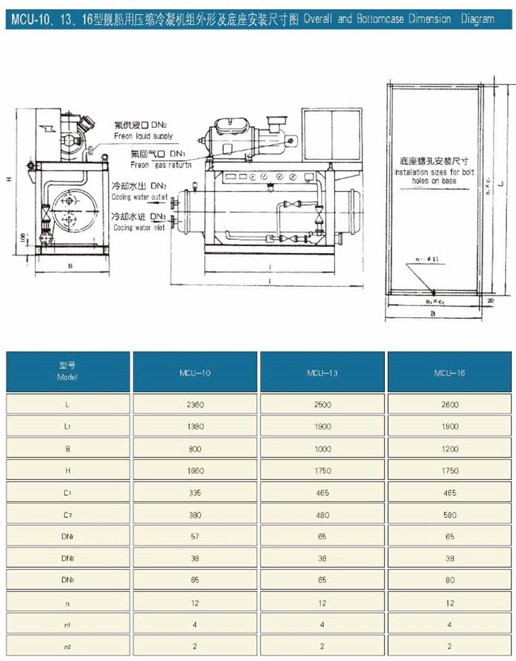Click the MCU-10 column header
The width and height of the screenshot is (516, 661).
tap(195, 373)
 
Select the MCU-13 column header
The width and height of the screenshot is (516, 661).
tap(323, 373)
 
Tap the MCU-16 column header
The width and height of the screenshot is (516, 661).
tap(450, 373)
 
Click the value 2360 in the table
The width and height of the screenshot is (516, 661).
tap(195, 404)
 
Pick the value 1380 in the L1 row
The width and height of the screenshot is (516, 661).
tap(195, 427)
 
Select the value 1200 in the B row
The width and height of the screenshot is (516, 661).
tap(450, 448)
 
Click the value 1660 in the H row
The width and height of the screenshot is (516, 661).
tap(195, 471)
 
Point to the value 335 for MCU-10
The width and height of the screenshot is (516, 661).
tap(195, 492)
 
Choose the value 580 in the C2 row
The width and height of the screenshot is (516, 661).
tap(450, 515)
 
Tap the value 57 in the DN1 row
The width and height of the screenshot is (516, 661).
tap(195, 537)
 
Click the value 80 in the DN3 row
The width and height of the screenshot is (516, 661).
tap(450, 581)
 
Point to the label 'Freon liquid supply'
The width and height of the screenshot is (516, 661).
tap(143, 136)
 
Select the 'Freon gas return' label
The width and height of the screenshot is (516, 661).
tap(160, 165)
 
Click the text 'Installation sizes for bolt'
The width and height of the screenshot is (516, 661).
tap(434, 171)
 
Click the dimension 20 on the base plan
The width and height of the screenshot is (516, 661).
tap(491, 299)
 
